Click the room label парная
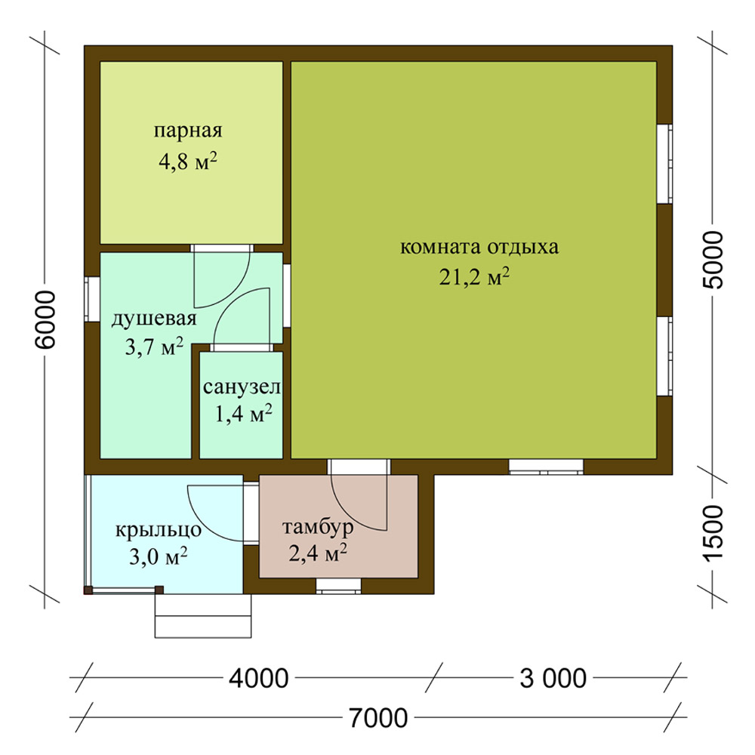[188, 131]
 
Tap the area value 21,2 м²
[474, 277]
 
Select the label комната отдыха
[479, 248]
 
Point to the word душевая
[154, 319]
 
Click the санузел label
[242, 387]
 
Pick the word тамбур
[318, 527]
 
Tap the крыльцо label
[158, 531]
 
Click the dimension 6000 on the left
[46, 319]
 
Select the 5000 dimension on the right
[713, 260]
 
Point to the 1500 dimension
[713, 533]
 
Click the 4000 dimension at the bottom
[258, 679]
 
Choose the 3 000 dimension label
[553, 679]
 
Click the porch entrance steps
[202, 616]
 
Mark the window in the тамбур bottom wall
[338, 586]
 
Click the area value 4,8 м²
[188, 162]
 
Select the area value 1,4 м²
[243, 414]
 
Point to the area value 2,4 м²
[318, 553]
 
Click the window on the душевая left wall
[92, 299]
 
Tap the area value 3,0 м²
[158, 557]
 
